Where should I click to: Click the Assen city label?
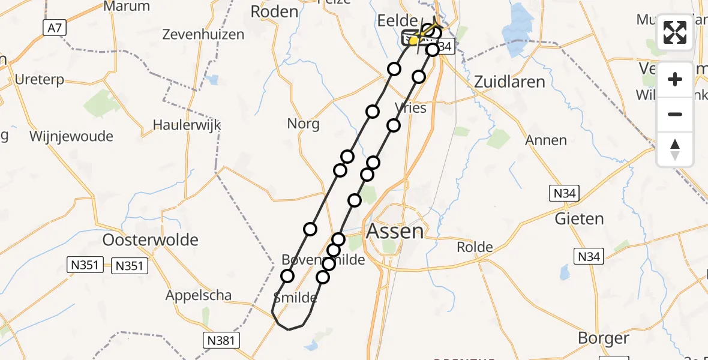(395, 231)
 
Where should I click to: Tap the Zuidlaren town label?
(509, 82)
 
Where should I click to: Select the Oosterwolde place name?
(150, 240)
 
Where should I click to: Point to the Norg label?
(303, 124)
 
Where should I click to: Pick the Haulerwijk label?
(187, 125)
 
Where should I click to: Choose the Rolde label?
(474, 247)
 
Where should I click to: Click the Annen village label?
(545, 140)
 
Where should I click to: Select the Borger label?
(603, 338)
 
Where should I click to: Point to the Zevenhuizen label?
(203, 34)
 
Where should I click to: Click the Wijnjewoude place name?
(71, 136)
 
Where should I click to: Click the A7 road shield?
(54, 27)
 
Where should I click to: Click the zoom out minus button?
(675, 114)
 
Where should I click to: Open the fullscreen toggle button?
(675, 32)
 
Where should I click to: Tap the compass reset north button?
(675, 149)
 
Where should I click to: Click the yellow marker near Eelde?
(413, 40)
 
